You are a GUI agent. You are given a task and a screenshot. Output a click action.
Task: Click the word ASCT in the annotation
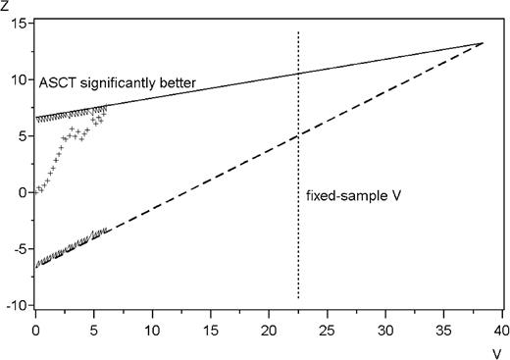tap(57, 84)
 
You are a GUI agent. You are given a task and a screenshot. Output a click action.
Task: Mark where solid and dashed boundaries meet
tap(484, 42)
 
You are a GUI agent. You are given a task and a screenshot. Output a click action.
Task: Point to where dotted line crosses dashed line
tap(298, 136)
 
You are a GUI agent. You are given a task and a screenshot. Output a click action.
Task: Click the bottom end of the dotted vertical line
tap(298, 298)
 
